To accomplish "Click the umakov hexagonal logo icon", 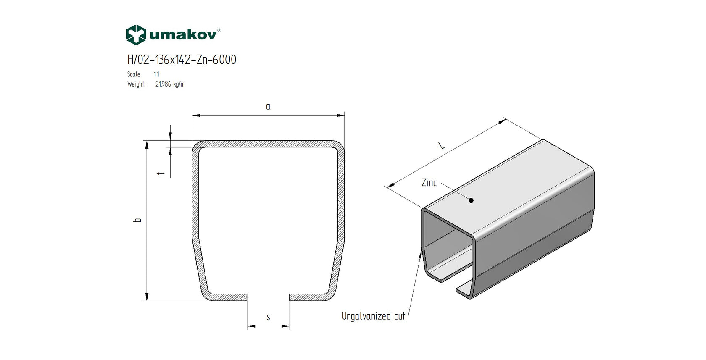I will click(136, 35).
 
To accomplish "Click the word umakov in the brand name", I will click(183, 35).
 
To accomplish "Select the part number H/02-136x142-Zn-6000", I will click(182, 60).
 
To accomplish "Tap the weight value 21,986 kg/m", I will click(170, 84).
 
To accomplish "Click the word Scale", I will click(134, 74).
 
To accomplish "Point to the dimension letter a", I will click(268, 107).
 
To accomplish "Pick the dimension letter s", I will click(268, 317).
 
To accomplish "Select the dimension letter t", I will click(161, 173).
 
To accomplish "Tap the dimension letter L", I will click(441, 145).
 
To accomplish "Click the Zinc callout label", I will click(429, 183).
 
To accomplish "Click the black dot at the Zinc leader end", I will click(471, 200).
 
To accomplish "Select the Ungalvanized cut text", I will click(373, 316).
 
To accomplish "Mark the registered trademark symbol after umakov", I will click(219, 30).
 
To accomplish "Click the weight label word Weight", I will click(136, 84).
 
